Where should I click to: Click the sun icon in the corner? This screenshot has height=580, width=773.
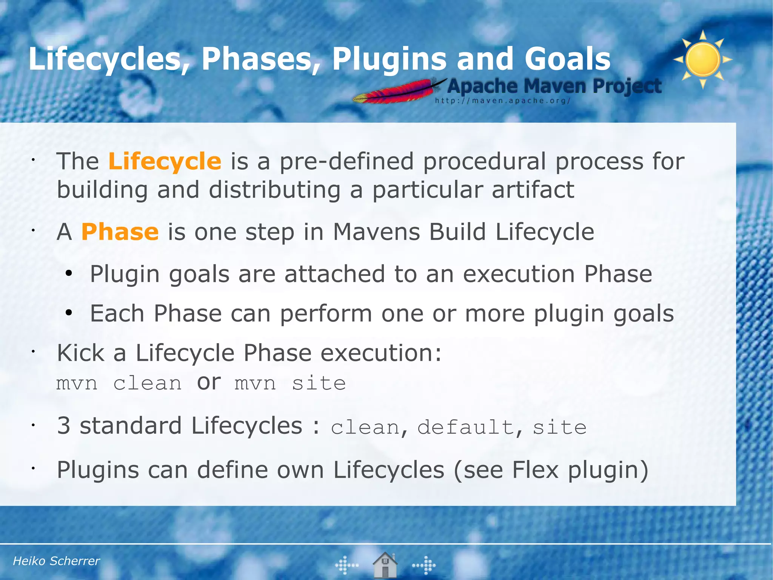(703, 59)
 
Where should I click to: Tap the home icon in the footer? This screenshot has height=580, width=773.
(385, 565)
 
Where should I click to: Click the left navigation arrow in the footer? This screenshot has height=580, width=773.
(346, 565)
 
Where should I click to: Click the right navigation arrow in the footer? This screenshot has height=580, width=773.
(424, 565)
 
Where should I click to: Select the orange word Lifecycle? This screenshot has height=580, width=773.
(165, 161)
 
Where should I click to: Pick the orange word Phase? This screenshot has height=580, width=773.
(120, 232)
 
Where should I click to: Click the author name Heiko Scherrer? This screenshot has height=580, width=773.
(56, 561)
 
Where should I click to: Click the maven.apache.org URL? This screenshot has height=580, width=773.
(502, 101)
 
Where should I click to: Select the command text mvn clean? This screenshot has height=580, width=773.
(119, 384)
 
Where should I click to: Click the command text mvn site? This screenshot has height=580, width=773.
(290, 384)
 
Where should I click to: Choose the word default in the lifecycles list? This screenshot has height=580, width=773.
(466, 427)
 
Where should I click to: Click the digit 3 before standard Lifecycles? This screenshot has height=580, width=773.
(64, 425)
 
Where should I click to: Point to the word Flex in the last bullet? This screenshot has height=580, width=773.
(535, 470)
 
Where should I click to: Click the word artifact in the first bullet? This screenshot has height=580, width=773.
(533, 190)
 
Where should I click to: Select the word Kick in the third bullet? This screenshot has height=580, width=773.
(80, 353)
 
